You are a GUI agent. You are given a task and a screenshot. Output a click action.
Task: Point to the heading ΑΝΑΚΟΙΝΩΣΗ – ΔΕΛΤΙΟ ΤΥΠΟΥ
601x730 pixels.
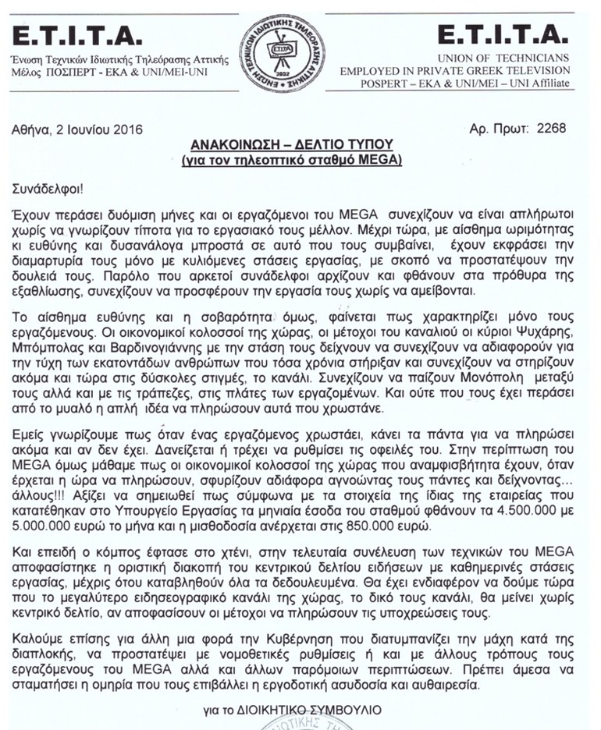pyautogui.click(x=300, y=145)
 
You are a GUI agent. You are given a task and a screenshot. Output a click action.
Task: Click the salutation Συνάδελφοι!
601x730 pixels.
pyautogui.click(x=49, y=190)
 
